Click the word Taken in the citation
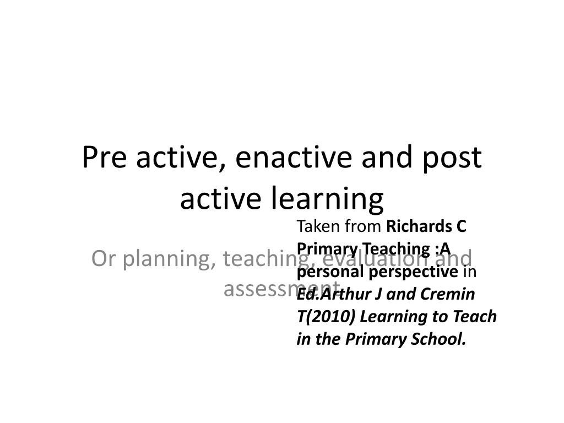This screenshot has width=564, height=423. click(x=315, y=226)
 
